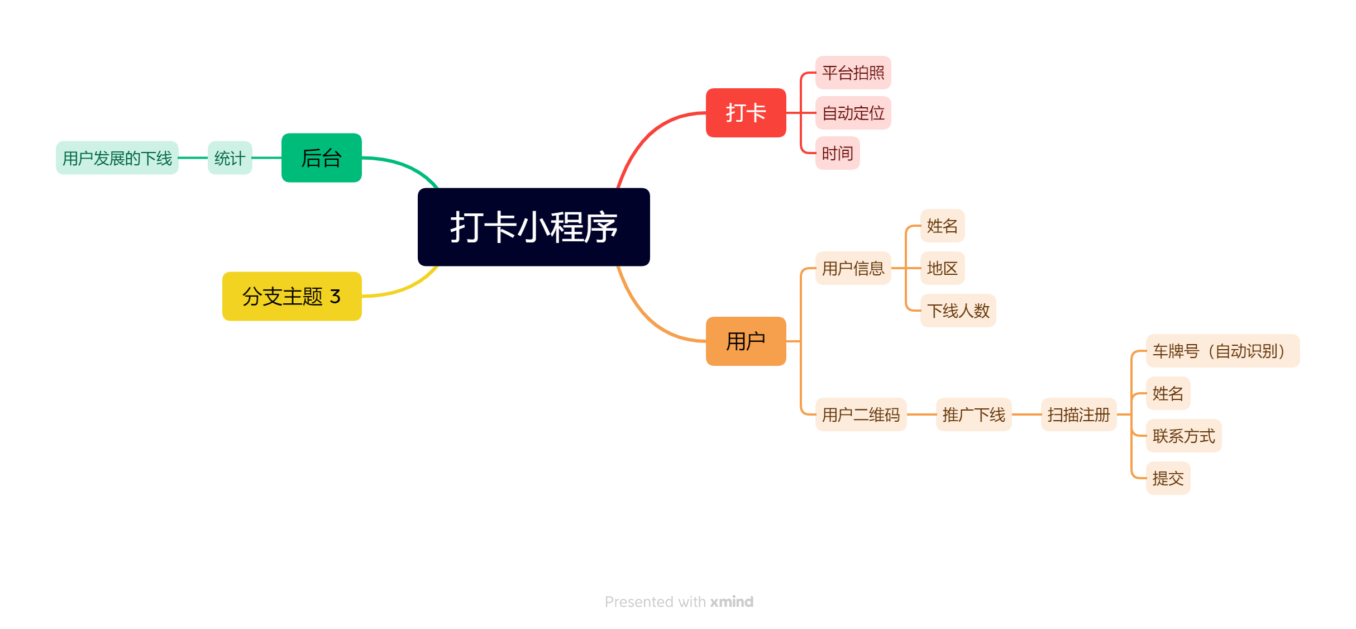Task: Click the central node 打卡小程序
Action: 533,227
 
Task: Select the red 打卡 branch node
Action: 746,113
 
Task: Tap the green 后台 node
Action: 321,158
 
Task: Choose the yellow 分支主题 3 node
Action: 292,296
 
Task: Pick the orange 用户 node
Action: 746,341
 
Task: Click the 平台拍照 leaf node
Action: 853,73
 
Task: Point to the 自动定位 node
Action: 853,113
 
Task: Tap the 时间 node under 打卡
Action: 837,153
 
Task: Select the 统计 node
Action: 230,158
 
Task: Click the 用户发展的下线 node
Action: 117,158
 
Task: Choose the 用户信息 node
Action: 853,268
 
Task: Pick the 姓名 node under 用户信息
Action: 942,226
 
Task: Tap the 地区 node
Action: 942,268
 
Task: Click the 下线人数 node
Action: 958,311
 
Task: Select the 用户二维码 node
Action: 861,414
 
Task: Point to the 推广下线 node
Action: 973,414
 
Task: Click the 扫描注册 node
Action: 1078,414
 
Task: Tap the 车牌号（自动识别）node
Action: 1223,351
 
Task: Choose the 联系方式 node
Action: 1183,436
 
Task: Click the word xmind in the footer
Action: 732,602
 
